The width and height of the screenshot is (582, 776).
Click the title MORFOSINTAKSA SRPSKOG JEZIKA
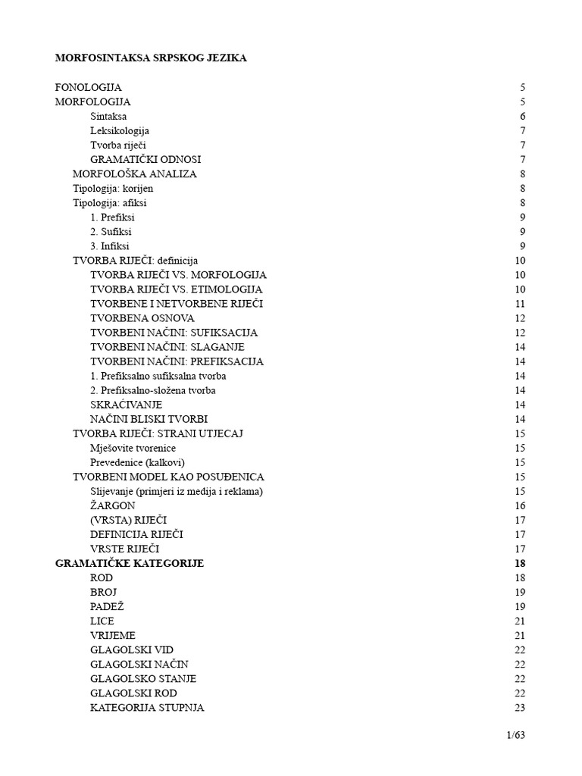[151, 58]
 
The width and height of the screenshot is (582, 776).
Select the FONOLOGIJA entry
[89, 87]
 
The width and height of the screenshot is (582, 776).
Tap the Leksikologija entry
[120, 130]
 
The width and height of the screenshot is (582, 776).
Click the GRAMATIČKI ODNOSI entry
[145, 159]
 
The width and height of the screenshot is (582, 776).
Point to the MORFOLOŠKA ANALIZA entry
[134, 174]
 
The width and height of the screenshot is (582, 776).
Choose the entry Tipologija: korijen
[113, 188]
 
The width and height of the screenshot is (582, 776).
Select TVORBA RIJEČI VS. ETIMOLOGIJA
[177, 289]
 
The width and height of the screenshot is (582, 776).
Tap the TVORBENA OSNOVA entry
[142, 318]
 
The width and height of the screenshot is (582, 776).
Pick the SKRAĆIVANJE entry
[126, 405]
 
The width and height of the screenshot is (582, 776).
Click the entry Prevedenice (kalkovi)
[137, 462]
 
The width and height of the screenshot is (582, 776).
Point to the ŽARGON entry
[113, 505]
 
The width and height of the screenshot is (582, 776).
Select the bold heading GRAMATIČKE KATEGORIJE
[130, 563]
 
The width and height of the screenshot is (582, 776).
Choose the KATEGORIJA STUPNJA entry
[147, 708]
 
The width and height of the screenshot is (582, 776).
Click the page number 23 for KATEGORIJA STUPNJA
[519, 708]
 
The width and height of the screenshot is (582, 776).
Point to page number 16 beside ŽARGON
[519, 505]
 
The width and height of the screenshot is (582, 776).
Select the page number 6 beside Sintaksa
[522, 116]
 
